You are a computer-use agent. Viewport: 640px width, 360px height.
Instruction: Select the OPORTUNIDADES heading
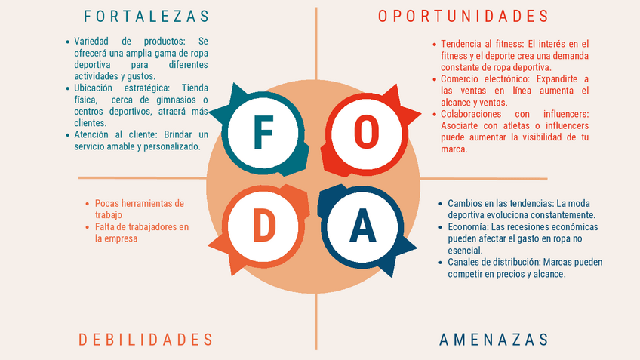(463, 16)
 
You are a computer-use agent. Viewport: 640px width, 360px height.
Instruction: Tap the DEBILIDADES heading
(146, 340)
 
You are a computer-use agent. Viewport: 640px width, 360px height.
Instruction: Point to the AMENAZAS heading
(494, 340)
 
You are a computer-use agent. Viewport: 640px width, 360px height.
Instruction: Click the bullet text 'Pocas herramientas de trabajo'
(139, 209)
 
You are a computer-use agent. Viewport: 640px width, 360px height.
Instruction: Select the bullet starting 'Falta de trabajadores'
(142, 232)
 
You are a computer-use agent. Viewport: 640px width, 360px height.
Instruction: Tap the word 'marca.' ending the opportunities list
(454, 149)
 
